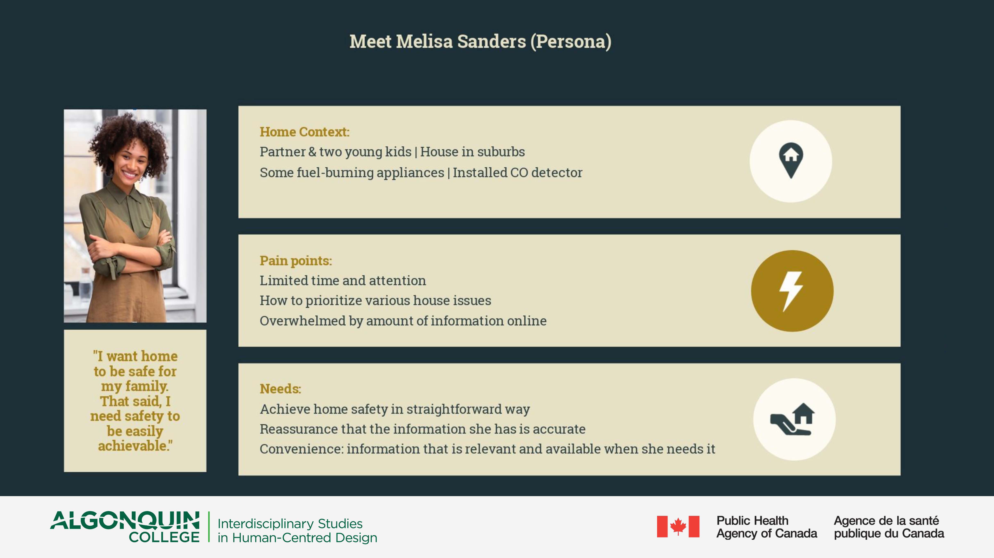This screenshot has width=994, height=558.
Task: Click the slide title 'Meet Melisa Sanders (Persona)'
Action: [x=480, y=42]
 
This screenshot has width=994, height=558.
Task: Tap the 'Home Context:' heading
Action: [x=305, y=132]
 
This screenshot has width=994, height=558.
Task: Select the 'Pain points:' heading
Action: [x=296, y=261]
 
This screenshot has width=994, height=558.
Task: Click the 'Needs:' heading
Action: [x=280, y=389]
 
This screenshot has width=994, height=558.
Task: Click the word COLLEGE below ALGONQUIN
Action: [x=164, y=537]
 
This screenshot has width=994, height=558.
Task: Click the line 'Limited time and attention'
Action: [x=343, y=281]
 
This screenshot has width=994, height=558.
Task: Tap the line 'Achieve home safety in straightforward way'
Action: [x=395, y=409]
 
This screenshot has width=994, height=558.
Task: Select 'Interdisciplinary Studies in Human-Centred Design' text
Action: [x=297, y=531]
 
